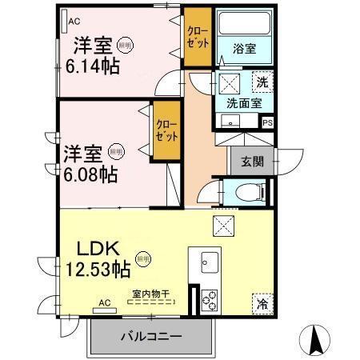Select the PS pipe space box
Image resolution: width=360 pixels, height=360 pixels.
coord(267,122)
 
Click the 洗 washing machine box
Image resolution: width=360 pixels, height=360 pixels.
coord(262,81)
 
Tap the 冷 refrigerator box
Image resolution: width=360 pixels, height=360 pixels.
coord(262,304)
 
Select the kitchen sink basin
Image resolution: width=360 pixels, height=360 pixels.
coord(210,262)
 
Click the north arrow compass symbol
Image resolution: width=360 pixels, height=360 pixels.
coord(316,339)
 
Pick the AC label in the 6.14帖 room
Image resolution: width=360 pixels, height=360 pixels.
coord(74,22)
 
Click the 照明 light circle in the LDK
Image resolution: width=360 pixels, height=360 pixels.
coord(143,258)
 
